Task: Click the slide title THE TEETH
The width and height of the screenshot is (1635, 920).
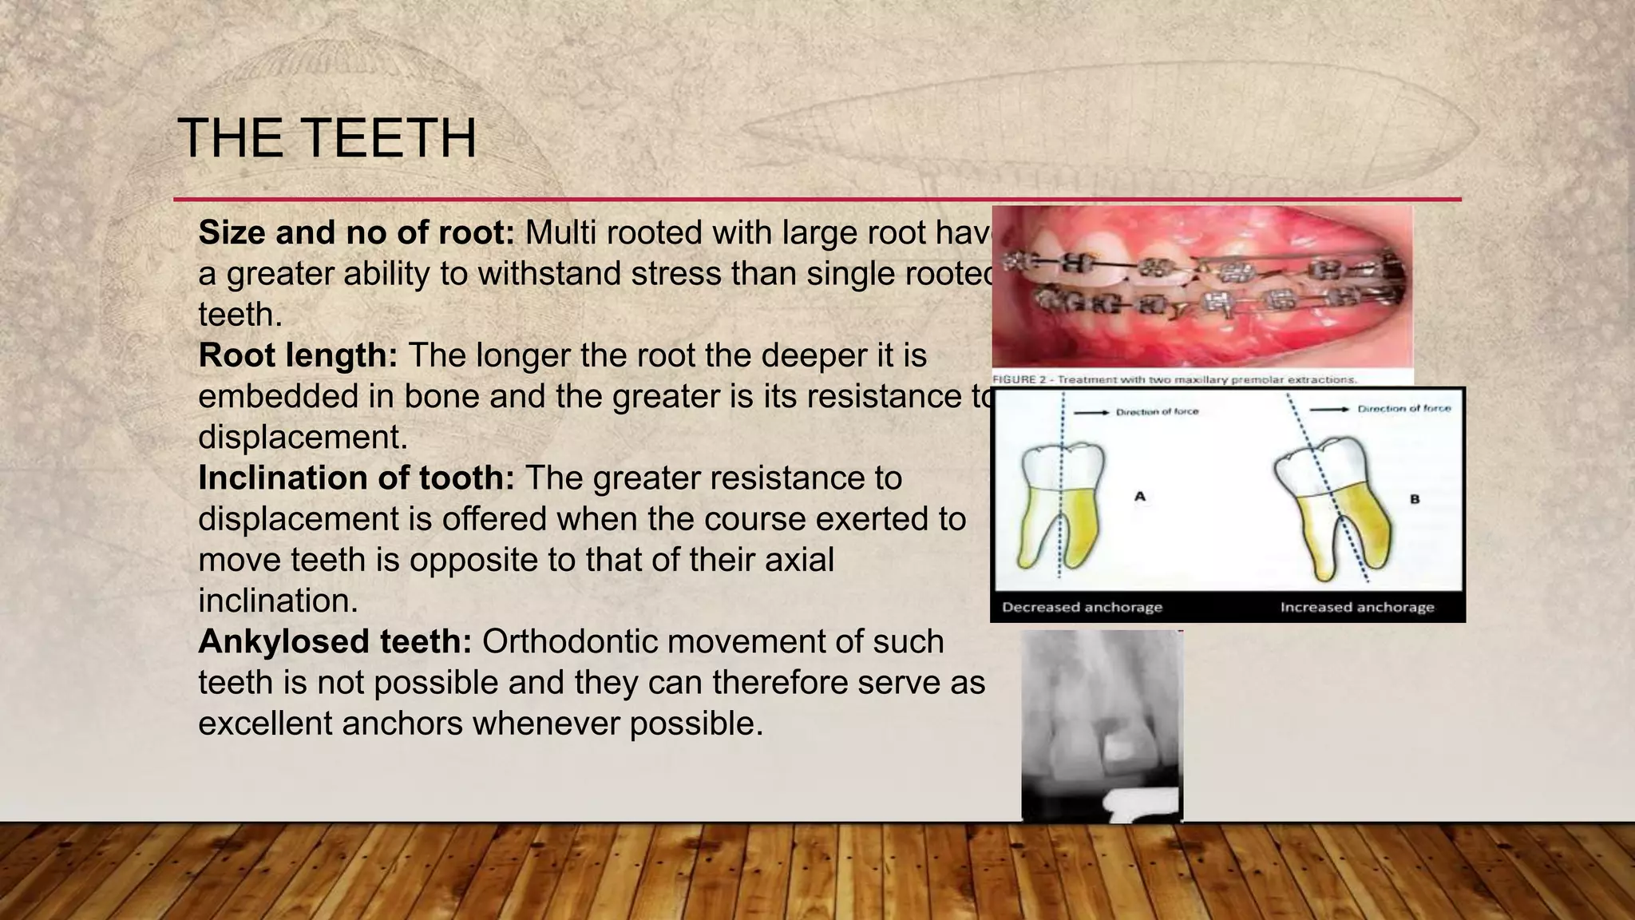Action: [327, 138]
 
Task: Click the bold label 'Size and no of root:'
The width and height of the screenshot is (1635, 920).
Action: [357, 232]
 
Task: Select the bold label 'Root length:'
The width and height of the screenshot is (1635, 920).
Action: [298, 355]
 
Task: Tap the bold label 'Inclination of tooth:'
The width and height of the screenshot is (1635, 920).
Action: [357, 478]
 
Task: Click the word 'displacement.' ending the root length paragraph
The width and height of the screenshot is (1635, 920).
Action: [303, 437]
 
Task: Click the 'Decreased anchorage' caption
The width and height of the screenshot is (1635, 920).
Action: [1082, 607]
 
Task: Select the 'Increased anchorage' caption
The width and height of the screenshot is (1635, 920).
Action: [1357, 607]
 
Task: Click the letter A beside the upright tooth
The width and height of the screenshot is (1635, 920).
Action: [1140, 497]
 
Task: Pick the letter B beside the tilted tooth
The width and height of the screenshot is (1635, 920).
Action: [1415, 499]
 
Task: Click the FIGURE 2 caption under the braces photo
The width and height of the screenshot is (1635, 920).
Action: [1174, 379]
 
